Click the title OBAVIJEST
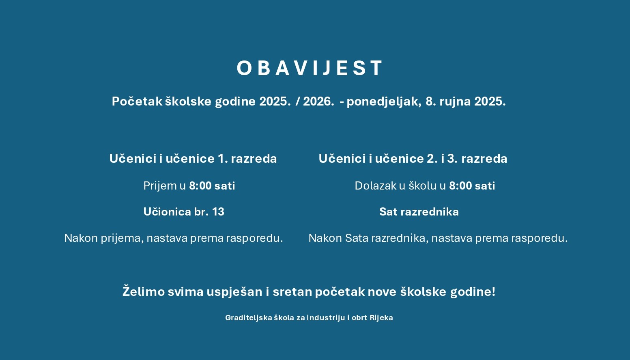[x=310, y=68]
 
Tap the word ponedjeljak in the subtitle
[x=384, y=101]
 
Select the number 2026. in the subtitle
[x=319, y=101]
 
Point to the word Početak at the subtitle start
[x=137, y=101]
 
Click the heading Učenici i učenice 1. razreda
[x=193, y=158]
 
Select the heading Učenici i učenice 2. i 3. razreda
[x=413, y=158]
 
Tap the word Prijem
[x=160, y=186]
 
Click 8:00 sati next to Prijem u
[x=212, y=186]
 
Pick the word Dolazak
[x=375, y=186]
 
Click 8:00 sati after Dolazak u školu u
[x=472, y=186]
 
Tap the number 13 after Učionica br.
[x=218, y=212]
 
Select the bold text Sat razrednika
[x=419, y=212]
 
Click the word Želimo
[x=144, y=291]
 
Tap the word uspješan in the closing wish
[x=234, y=292]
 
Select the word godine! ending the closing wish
[x=473, y=292]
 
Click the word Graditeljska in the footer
[x=249, y=318]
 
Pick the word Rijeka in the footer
[x=381, y=318]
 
